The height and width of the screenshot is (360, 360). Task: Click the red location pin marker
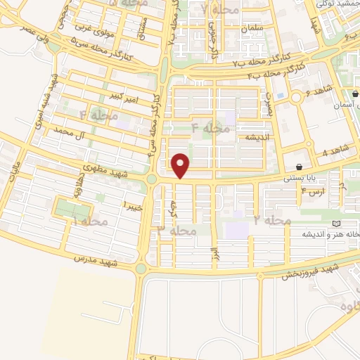pos(181,165)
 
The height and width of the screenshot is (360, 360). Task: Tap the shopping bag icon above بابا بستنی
pos(301,167)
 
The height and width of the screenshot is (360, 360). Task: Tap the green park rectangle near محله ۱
pos(73,209)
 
